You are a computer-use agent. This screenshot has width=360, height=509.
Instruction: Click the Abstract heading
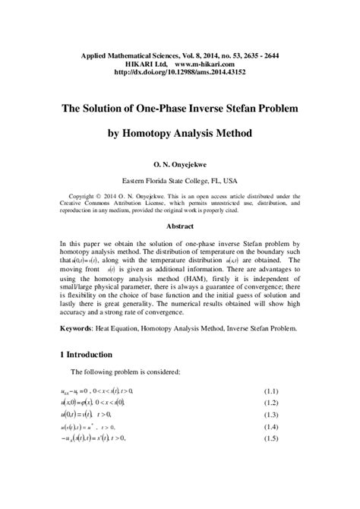coord(179,228)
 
